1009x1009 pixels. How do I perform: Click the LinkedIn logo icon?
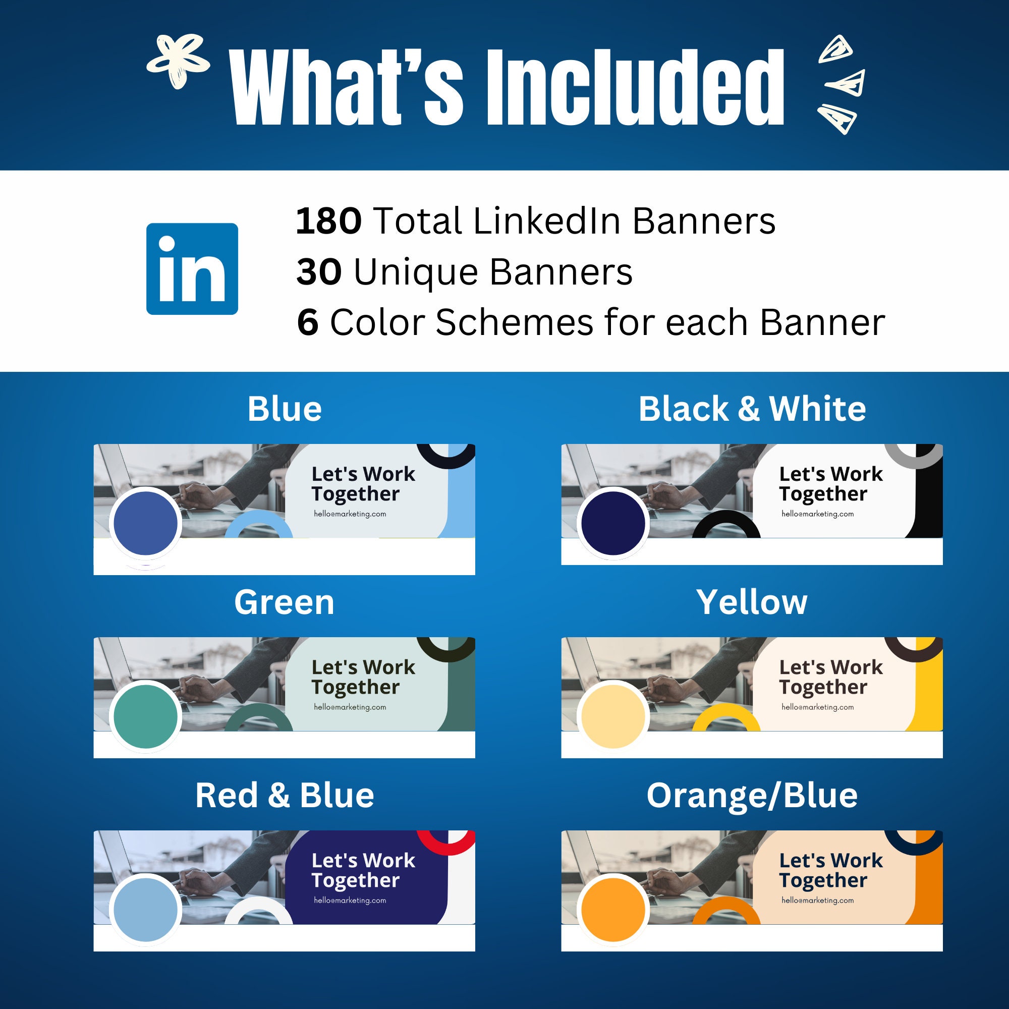pos(192,269)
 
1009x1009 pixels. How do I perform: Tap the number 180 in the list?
pos(328,221)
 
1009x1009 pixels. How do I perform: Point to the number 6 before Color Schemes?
pos(308,322)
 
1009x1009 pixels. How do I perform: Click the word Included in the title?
pos(635,87)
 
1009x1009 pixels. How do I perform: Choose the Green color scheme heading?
pos(284,602)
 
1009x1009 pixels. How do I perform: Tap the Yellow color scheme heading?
pos(752,602)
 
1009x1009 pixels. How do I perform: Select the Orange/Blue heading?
pos(752,796)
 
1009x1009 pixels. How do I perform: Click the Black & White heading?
pos(752,409)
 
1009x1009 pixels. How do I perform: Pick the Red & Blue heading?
pos(284,796)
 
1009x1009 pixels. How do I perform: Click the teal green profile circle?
pos(145,716)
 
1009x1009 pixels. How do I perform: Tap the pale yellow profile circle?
pos(613,716)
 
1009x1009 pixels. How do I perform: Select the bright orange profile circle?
pos(613,909)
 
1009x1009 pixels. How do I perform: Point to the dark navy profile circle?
pos(613,523)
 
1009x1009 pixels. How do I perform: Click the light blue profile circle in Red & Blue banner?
pos(145,909)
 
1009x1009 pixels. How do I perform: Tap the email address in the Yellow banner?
pos(817,707)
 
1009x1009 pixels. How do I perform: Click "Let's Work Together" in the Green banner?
pos(363,677)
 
